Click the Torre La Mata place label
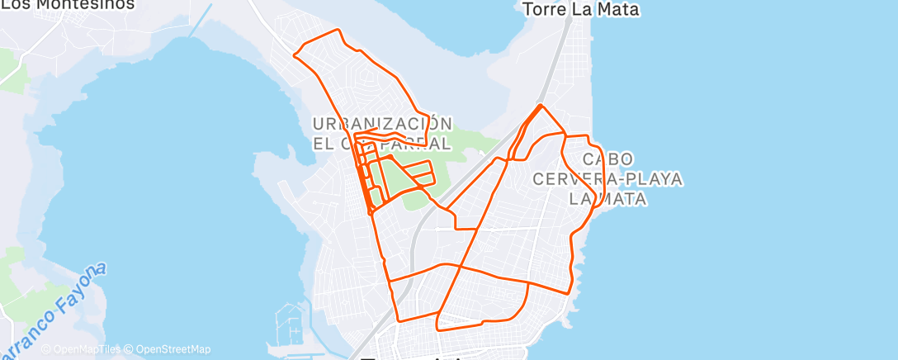coord(582,10)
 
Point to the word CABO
coord(608,159)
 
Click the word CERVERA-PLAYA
coord(608,178)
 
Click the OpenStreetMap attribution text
coord(173,349)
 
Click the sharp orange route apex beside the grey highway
coord(541,105)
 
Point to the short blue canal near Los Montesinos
coord(198,25)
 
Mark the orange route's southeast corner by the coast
coord(570,291)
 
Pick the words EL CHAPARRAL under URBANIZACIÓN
coord(382,143)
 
